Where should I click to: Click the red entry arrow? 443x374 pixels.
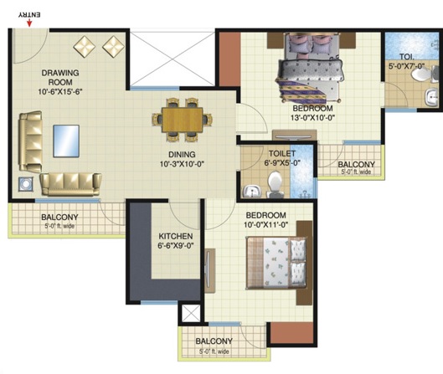coord(29,23)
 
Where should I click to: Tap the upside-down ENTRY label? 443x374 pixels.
coord(29,15)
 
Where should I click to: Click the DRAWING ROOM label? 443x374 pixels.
coord(60,77)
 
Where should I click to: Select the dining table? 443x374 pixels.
coord(183,120)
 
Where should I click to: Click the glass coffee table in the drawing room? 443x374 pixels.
coord(66,141)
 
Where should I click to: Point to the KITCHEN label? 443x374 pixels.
coord(176,236)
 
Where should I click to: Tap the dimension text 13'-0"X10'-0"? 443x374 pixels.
coord(312,117)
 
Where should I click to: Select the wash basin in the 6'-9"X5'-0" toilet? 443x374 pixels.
coord(251,192)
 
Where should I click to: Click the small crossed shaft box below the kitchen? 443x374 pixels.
coord(191,313)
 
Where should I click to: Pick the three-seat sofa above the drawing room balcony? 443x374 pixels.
coord(70,184)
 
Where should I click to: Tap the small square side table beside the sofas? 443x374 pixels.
coord(26,184)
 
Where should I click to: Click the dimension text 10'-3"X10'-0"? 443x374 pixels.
coord(182,164)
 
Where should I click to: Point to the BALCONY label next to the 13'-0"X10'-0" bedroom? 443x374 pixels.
coord(356,164)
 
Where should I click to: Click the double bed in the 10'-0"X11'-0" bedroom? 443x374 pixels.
coord(276,263)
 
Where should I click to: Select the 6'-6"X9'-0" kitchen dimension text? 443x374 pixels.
coord(176,246)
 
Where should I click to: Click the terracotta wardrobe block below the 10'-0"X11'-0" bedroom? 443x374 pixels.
coord(292,332)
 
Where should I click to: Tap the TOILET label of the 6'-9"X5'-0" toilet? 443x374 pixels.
coord(282,154)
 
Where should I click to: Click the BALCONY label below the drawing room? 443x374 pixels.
coord(59,217)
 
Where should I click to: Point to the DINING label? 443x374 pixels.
coord(182,155)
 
